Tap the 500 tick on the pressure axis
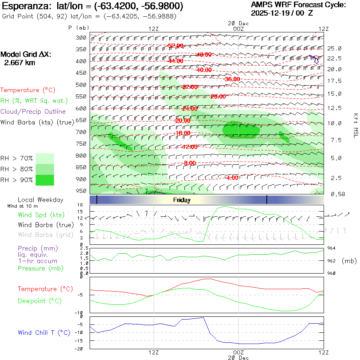(x=81, y=85)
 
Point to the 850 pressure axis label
(x=81, y=167)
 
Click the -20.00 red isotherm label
(x=182, y=121)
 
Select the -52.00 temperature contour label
(x=176, y=46)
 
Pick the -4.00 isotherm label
(x=232, y=178)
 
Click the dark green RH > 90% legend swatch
(x=45, y=180)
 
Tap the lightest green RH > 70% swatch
(x=45, y=158)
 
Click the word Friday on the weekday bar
(x=182, y=200)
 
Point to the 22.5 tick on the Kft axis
(x=334, y=58)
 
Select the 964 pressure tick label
(x=332, y=248)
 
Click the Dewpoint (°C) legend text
(x=38, y=301)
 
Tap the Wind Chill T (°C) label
(x=44, y=332)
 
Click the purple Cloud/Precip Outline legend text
(x=33, y=112)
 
